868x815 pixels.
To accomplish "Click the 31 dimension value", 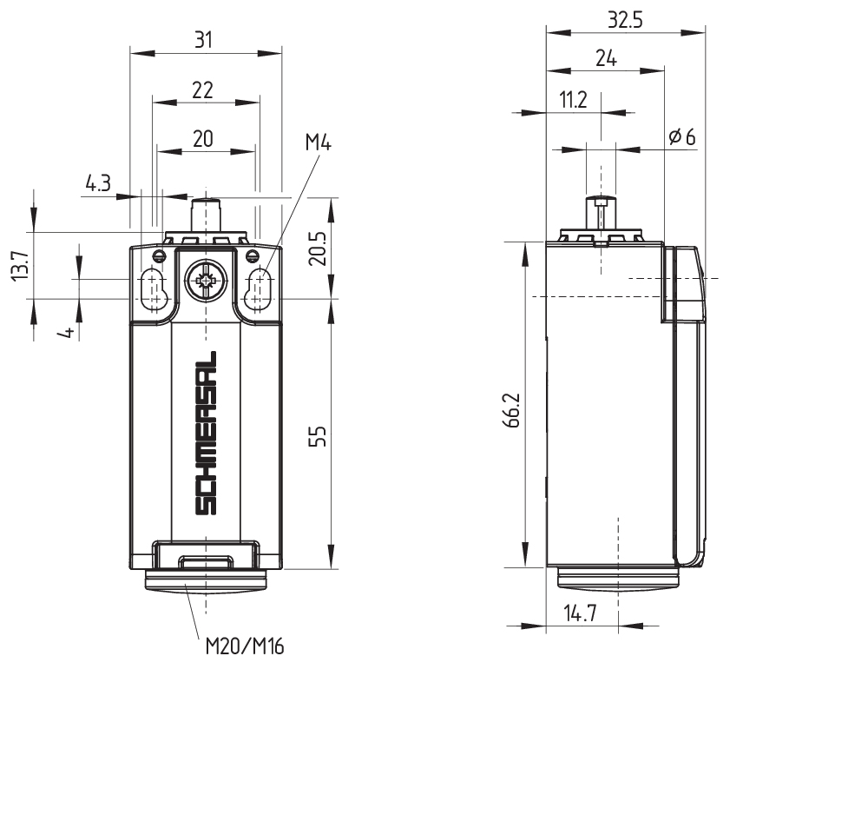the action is tap(203, 40).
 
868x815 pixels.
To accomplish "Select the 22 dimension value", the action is tap(202, 89).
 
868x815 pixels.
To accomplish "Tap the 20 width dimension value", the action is tap(202, 138).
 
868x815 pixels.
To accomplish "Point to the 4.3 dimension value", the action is tap(98, 182).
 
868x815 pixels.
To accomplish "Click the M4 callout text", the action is tap(319, 143).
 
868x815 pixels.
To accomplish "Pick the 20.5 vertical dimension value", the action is tap(318, 248).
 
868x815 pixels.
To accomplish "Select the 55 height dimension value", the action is tap(318, 436).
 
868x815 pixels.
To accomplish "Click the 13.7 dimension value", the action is tap(21, 265).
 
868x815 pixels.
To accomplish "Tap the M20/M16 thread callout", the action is tap(245, 646).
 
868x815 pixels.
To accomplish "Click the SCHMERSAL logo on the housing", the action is tap(206, 433).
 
